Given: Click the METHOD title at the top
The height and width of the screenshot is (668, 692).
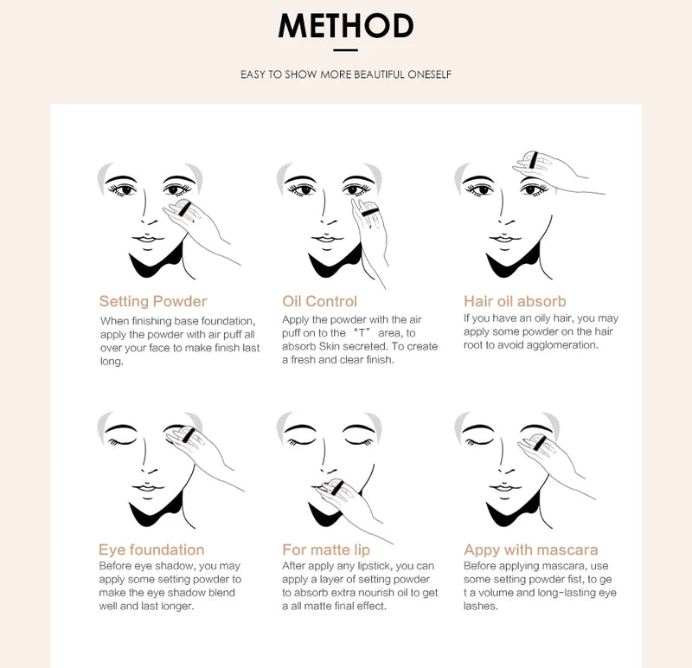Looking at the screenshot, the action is click(345, 26).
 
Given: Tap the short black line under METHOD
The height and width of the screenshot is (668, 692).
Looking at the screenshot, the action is click(345, 50).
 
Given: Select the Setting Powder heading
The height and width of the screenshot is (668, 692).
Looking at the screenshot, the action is click(153, 301).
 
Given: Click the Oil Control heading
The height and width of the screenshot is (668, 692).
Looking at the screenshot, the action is click(319, 301).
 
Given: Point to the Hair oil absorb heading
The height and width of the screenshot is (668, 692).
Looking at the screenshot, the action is click(515, 301).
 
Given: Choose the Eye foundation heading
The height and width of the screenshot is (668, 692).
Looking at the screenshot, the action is click(151, 549).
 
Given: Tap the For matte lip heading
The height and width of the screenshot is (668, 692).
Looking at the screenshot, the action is click(326, 550).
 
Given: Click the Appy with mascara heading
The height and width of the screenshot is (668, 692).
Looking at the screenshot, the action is click(531, 549).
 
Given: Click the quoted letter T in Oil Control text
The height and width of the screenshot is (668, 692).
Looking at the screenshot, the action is click(362, 333).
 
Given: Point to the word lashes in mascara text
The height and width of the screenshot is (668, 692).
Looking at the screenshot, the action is click(481, 607).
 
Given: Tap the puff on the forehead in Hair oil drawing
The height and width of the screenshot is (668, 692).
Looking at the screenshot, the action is click(533, 160).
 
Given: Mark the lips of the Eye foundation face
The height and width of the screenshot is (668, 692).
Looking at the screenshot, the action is click(147, 487).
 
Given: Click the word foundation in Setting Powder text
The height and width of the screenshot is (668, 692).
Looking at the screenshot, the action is click(227, 321).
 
